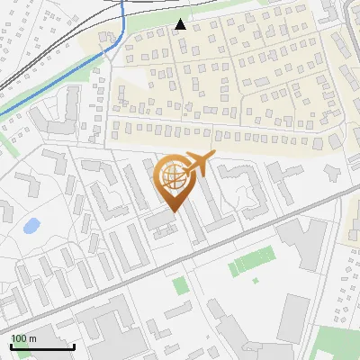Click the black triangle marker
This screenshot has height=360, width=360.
click(x=181, y=24)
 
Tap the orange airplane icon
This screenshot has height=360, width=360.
click(x=200, y=163)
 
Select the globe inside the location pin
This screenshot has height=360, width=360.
click(x=174, y=176)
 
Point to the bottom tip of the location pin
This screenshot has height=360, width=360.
click(x=174, y=212)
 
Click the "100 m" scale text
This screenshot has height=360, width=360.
click(x=23, y=338)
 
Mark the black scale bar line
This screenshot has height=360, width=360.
click(x=42, y=346)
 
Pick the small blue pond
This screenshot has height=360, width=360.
click(x=31, y=225)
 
